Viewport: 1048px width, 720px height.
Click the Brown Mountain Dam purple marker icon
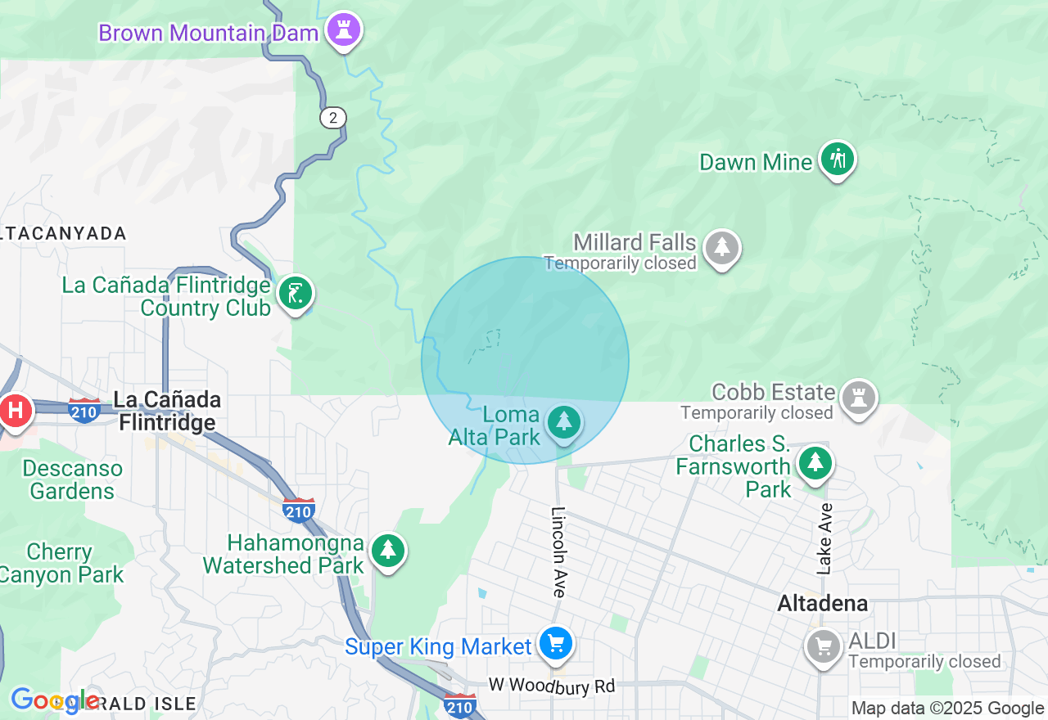344,31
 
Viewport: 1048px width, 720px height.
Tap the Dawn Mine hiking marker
837,159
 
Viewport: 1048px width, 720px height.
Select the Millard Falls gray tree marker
722,248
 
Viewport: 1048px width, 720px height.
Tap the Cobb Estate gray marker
858,398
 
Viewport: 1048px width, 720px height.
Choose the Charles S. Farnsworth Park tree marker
815,463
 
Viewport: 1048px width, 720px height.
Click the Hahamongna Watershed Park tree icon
388,551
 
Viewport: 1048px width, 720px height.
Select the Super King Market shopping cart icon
556,645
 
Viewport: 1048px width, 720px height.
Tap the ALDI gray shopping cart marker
824,647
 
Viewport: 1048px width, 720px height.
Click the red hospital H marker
16,410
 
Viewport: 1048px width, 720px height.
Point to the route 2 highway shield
332,118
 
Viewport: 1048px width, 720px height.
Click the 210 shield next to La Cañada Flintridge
85,409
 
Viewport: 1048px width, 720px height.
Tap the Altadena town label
822,605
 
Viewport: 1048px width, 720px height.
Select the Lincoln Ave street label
559,552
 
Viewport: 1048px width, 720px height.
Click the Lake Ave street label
825,538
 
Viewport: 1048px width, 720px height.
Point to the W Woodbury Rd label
552,686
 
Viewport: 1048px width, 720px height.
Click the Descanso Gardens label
73,479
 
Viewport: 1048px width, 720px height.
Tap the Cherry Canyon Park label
61,563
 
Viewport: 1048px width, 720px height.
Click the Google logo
54,700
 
